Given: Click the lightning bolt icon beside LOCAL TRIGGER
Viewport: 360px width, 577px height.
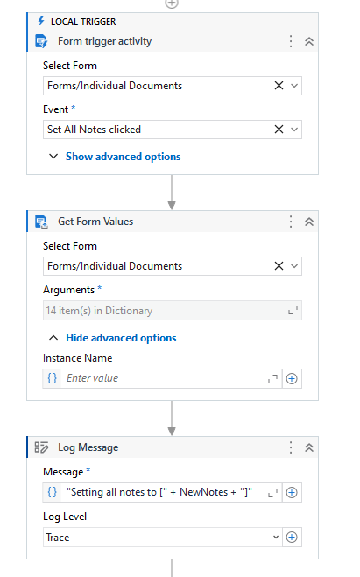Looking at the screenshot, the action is point(41,21).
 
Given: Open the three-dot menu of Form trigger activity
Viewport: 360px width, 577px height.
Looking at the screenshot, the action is point(291,41).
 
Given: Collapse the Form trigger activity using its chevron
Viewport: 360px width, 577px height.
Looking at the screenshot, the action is point(309,41).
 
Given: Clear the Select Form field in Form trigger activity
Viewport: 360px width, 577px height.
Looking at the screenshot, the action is point(279,86).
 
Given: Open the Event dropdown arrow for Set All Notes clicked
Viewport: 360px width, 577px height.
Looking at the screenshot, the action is point(294,130).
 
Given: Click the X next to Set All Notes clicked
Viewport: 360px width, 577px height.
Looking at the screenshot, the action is point(279,130).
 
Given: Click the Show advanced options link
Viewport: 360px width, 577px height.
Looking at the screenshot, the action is point(123,157).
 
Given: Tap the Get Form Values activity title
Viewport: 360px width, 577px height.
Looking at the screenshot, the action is point(95,222).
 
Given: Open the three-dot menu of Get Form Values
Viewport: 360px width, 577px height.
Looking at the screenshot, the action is point(291,222).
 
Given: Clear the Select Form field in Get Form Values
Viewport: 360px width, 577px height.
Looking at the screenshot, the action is point(279,266).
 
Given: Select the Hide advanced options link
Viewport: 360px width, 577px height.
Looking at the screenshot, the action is point(121,338).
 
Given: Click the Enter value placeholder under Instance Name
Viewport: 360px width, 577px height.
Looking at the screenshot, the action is point(92,378).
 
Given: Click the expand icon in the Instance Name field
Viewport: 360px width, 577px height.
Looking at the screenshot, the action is point(272,378).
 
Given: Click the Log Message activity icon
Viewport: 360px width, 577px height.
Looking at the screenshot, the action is point(41,447).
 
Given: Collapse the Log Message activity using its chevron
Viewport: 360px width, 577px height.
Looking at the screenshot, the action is point(309,447).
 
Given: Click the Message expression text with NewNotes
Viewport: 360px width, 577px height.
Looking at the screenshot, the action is point(159,492).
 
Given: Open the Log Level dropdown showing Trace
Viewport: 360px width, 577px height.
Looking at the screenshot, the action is point(162,538).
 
